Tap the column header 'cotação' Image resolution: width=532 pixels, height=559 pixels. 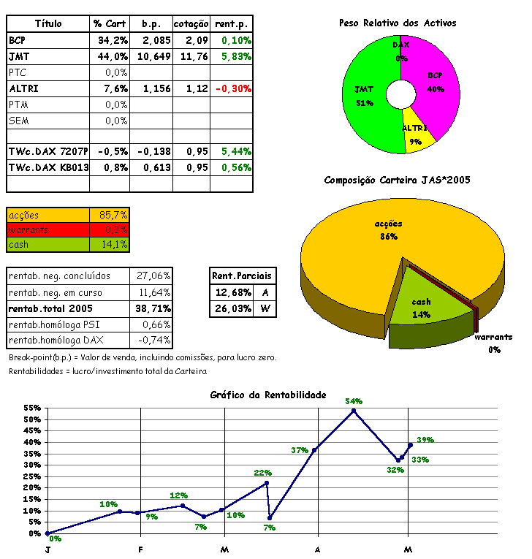(192, 24)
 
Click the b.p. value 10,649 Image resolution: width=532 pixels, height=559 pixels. (153, 56)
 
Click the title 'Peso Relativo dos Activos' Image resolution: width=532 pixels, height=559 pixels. (398, 23)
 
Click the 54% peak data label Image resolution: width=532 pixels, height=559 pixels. (354, 401)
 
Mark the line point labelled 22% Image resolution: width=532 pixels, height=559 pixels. (267, 483)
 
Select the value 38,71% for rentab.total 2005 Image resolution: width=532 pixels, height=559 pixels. (152, 308)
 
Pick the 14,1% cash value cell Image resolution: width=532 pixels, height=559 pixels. (113, 244)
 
